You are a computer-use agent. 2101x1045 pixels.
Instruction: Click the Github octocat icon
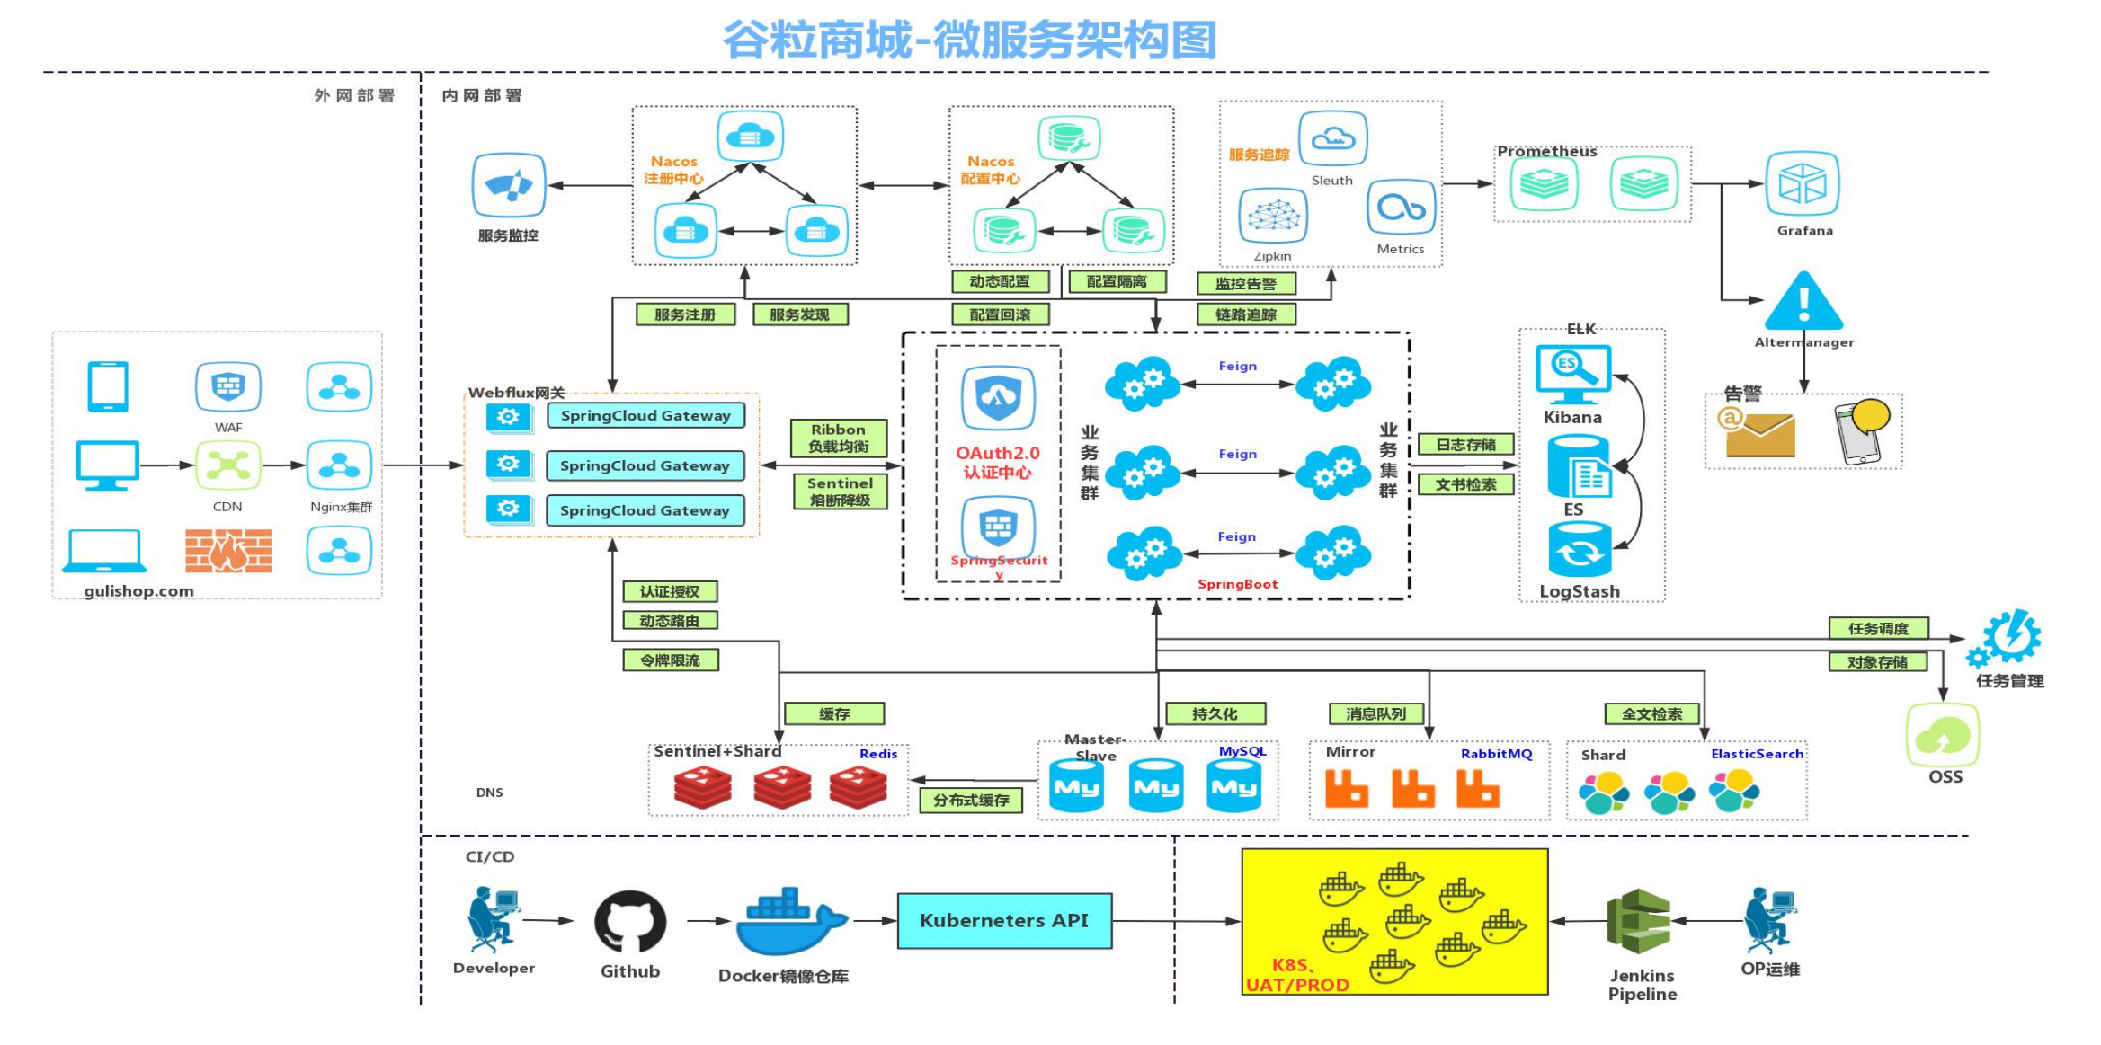(x=630, y=921)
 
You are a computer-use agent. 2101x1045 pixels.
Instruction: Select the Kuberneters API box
(x=1004, y=921)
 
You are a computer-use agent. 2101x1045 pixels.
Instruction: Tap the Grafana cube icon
(x=1803, y=183)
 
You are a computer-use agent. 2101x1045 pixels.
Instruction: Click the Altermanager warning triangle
(x=1803, y=304)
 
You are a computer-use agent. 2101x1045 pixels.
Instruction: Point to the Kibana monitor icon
(x=1572, y=374)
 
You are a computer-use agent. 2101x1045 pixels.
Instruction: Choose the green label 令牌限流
(x=671, y=660)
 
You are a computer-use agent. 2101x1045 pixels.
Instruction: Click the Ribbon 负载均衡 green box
(x=838, y=438)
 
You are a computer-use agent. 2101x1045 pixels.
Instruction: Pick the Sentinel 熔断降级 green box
(x=840, y=492)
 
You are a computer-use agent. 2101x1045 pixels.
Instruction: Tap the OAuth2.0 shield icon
(x=998, y=398)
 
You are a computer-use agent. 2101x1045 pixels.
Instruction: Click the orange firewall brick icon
(x=228, y=551)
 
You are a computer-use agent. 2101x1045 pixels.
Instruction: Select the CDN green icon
(x=228, y=465)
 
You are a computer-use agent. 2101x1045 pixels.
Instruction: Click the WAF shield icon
(x=228, y=387)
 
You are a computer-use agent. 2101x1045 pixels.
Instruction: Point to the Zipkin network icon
(x=1273, y=216)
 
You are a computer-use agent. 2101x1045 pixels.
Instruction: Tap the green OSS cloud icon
(x=1943, y=735)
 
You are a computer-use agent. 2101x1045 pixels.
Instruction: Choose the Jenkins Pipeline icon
(x=1638, y=921)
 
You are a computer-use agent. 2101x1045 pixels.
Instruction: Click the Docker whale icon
(x=789, y=923)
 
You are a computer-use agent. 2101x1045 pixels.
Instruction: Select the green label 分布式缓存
(x=971, y=800)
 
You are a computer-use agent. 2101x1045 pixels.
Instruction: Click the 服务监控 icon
(x=509, y=185)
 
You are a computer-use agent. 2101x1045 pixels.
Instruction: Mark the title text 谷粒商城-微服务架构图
(x=969, y=40)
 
